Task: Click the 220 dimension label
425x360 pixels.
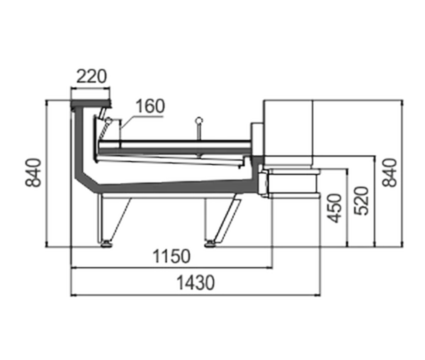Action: click(91, 77)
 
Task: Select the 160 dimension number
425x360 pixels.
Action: click(150, 106)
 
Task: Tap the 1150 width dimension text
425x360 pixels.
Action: click(171, 256)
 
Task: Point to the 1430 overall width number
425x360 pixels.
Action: click(195, 283)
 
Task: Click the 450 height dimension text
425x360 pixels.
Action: click(334, 208)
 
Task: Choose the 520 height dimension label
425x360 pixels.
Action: click(362, 201)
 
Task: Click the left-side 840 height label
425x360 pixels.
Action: click(33, 173)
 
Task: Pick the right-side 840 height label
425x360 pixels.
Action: click(390, 173)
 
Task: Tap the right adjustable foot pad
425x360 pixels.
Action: click(210, 244)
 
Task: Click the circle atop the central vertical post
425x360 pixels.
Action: click(199, 120)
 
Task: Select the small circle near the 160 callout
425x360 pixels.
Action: click(109, 120)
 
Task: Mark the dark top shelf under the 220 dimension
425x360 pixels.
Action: click(91, 103)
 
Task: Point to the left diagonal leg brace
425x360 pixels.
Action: click(120, 219)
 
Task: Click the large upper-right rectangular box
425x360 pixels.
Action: click(289, 128)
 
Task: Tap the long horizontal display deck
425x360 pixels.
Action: click(174, 147)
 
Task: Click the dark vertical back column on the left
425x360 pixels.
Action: click(80, 141)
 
